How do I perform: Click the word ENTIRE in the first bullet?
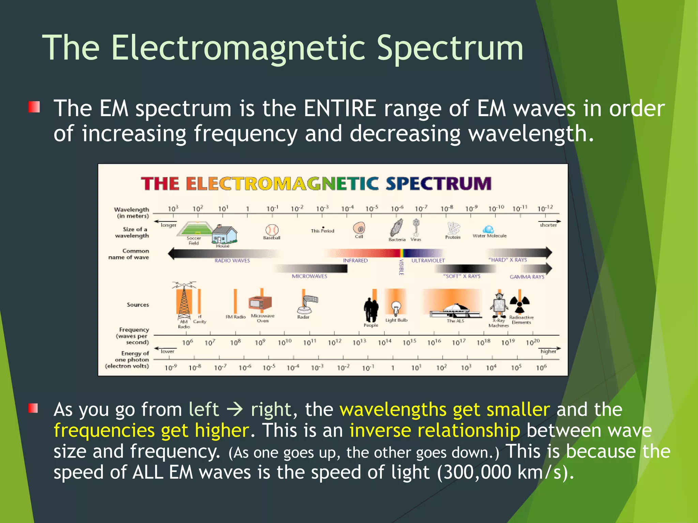[340, 109]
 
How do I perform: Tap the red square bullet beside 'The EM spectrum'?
[34, 107]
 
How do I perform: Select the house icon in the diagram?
[224, 234]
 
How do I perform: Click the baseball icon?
[272, 230]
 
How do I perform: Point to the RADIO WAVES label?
[232, 260]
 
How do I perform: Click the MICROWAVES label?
[309, 276]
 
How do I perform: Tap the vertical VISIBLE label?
[401, 267]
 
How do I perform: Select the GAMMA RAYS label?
[527, 277]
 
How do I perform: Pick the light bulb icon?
[396, 307]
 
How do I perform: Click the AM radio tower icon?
[184, 300]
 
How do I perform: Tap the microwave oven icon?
[260, 303]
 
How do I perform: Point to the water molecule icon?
[488, 229]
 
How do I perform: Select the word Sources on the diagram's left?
[138, 305]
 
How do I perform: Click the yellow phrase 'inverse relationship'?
[435, 430]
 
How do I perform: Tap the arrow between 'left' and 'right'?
[234, 410]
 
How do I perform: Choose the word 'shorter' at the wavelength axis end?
[548, 225]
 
